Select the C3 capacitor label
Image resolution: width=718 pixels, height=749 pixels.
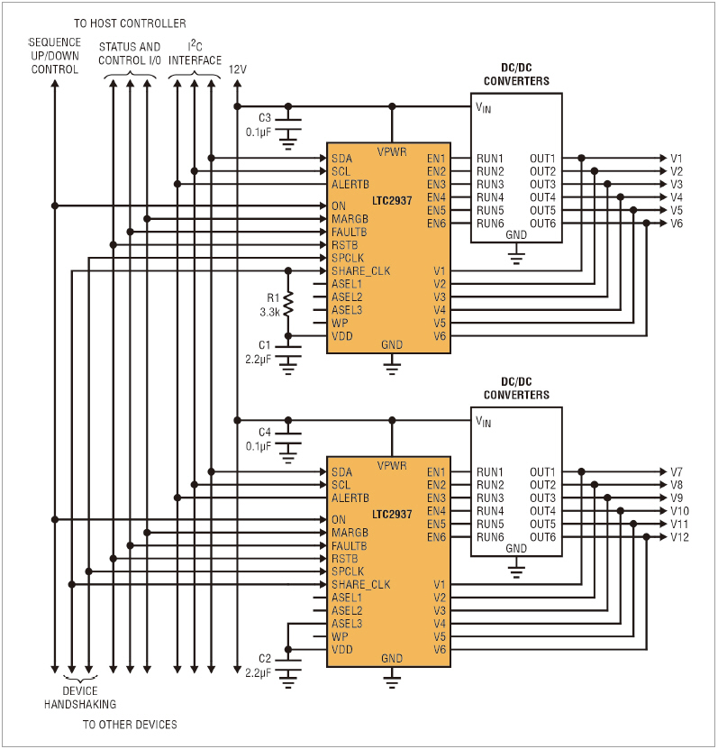point(265,118)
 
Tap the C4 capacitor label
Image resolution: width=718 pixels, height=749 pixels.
point(265,432)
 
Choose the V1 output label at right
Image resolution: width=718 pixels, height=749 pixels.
point(677,159)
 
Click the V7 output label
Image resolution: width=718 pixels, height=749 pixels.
point(677,472)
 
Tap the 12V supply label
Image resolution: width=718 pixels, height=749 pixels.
point(238,69)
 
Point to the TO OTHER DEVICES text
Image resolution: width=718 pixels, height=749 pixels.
point(130,725)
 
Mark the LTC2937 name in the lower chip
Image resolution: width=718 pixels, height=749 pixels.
point(390,515)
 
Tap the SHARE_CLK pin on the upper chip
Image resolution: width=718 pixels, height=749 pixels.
point(360,271)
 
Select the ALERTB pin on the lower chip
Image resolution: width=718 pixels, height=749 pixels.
point(350,498)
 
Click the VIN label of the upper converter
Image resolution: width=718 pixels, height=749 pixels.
point(484,107)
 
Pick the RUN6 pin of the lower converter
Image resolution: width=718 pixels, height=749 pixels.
point(490,537)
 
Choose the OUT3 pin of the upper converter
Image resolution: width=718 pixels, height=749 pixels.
point(542,185)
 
